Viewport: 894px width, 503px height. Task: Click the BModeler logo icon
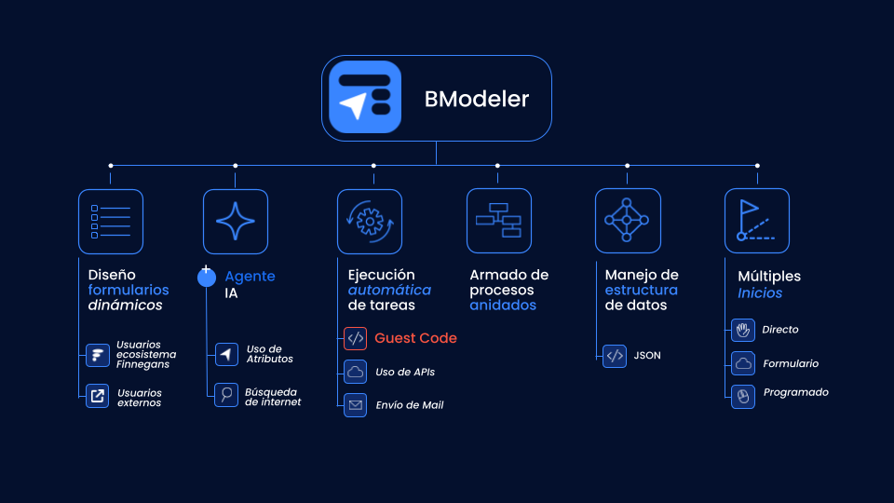point(365,97)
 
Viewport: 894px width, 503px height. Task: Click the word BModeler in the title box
point(477,99)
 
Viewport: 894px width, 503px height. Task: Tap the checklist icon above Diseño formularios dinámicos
point(111,222)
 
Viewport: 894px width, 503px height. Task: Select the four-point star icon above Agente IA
point(236,222)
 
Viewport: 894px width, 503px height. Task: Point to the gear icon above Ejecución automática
point(370,222)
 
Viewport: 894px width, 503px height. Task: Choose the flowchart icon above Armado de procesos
point(499,221)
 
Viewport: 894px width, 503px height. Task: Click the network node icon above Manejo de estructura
point(628,221)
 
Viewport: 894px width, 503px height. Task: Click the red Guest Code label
point(415,338)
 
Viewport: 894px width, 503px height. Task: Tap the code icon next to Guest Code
point(355,338)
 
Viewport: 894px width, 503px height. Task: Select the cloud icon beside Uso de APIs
point(355,372)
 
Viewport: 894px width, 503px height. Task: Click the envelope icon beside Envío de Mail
point(355,405)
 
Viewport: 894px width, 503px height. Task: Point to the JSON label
point(647,355)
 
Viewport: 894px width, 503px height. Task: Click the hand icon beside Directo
point(743,330)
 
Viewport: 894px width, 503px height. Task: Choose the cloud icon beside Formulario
point(743,363)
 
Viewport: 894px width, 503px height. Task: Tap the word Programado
point(796,392)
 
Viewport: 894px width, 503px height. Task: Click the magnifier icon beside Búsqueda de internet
point(226,395)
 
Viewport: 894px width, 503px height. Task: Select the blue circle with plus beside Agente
point(207,277)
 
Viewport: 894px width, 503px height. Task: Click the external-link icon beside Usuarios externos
point(98,396)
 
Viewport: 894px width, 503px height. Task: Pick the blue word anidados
point(503,306)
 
